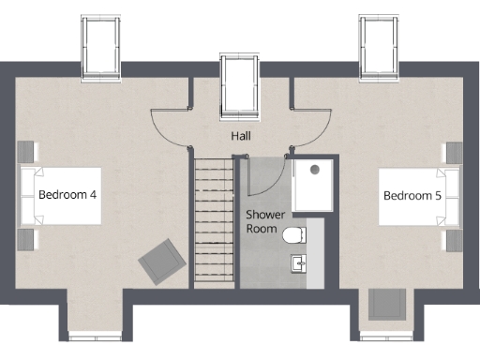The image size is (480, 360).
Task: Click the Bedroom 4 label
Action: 68,195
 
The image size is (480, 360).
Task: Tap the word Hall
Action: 242,136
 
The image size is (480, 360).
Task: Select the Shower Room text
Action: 265,220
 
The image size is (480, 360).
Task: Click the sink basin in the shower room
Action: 298,263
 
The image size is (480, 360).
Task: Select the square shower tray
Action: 312,185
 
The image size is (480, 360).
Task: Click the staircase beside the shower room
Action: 214,222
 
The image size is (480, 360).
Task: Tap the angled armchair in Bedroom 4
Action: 162,259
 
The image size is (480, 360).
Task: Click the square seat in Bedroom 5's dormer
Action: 386,305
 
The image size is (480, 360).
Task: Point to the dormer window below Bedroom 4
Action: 96,335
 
